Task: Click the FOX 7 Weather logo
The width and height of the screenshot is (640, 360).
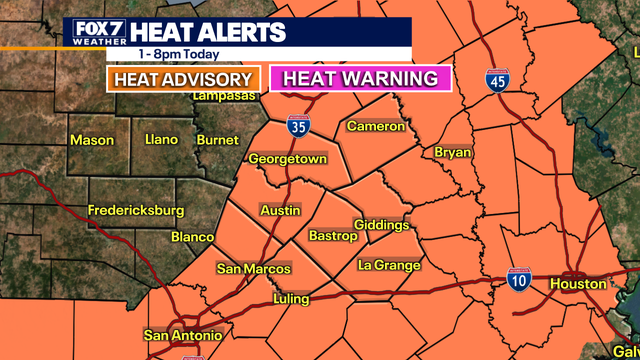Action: click(x=98, y=33)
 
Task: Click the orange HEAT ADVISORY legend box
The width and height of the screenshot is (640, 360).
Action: click(x=184, y=79)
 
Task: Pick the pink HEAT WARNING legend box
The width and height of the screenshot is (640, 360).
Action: click(x=362, y=78)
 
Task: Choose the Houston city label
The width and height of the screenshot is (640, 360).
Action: click(x=582, y=284)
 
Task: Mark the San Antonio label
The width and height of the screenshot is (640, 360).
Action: click(x=183, y=334)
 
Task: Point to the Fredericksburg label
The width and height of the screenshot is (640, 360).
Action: click(x=136, y=211)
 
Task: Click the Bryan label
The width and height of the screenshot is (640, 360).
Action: click(x=453, y=152)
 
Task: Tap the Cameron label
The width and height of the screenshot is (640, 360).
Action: click(x=376, y=127)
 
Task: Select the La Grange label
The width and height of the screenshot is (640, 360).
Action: click(x=389, y=265)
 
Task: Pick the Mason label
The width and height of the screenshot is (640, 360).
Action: click(x=91, y=140)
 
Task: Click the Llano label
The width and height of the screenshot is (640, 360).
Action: click(x=161, y=140)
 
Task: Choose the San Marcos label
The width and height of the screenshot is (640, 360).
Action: click(x=254, y=269)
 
